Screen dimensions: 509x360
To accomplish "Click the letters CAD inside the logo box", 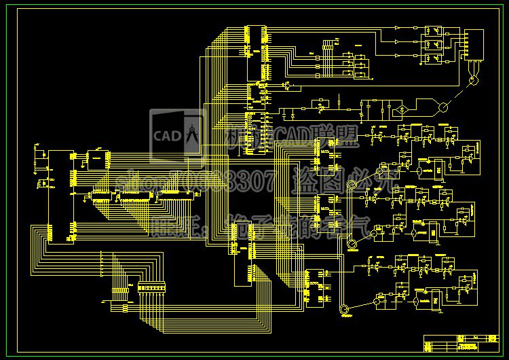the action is pyautogui.click(x=165, y=134).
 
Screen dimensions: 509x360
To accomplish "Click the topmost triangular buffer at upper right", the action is pyautogui.click(x=398, y=28).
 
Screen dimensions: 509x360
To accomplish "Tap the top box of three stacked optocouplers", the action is pyautogui.click(x=433, y=31).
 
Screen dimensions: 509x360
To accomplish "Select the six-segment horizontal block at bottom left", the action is pyautogui.click(x=151, y=289).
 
